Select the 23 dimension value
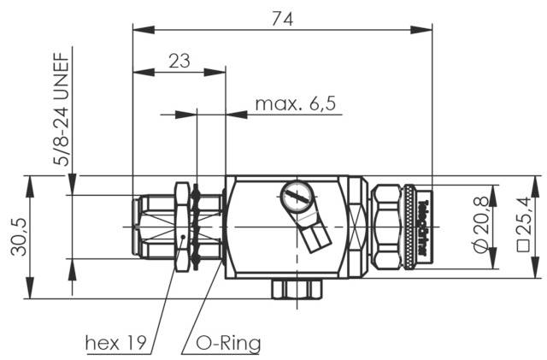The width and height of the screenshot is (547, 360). click(x=179, y=60)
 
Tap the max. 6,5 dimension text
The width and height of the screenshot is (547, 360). click(x=296, y=105)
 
